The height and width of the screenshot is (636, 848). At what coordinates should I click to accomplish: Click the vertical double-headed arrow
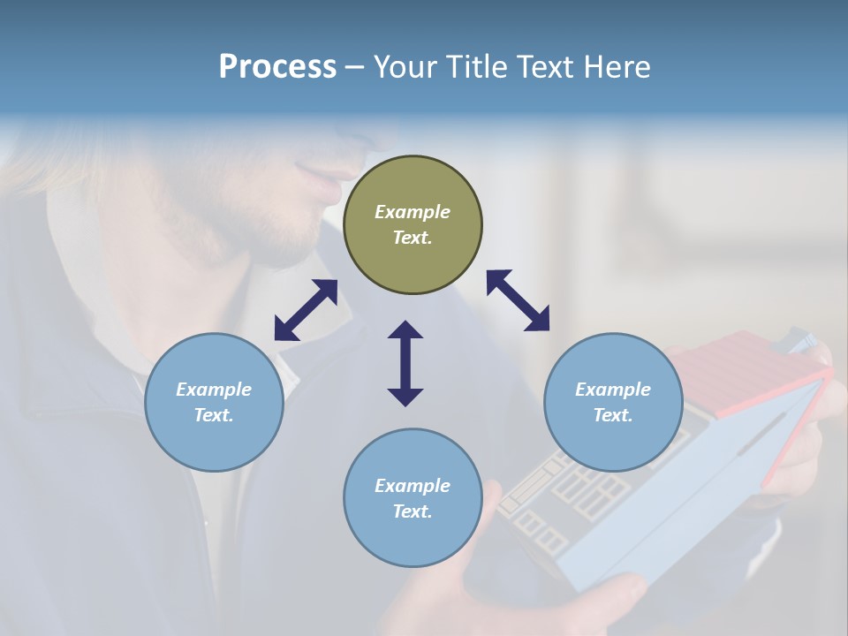coord(405,363)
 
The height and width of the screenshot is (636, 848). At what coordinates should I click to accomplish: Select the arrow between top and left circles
coord(306,310)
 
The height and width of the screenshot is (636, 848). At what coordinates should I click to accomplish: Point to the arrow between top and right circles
coord(518,300)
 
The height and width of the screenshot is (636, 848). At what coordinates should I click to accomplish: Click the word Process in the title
coord(277,66)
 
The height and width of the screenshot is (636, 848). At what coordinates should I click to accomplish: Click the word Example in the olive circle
coord(413,212)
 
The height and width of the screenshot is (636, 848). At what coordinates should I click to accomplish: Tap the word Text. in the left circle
coord(214,415)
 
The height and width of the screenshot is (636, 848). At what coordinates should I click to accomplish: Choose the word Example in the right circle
coord(613,390)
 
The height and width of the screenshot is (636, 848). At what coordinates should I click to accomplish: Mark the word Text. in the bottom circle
coord(413,511)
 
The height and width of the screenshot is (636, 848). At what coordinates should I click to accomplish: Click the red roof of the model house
coord(742,371)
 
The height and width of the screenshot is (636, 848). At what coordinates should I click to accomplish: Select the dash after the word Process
coord(355,68)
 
